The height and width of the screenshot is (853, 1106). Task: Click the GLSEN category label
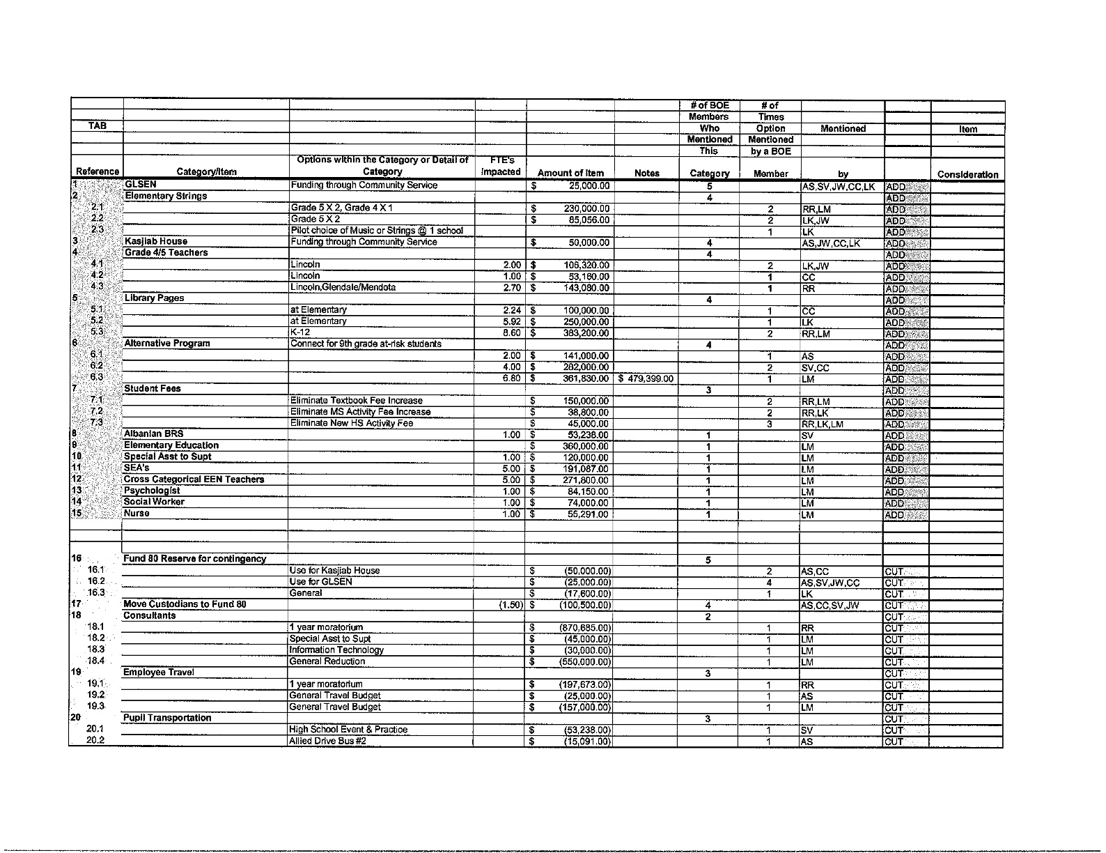click(x=140, y=185)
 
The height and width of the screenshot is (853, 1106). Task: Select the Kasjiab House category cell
click(x=155, y=242)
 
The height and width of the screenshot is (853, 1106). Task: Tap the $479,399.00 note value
click(x=646, y=379)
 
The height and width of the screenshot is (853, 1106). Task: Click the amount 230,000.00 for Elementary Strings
click(x=586, y=208)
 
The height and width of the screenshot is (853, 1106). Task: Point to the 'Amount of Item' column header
click(x=570, y=174)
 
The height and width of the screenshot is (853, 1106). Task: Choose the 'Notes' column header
click(x=647, y=174)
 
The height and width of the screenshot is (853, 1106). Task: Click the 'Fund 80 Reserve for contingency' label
click(x=194, y=559)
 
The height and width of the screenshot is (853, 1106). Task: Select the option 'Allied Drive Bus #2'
click(x=327, y=741)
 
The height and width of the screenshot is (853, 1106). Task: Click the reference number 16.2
click(x=96, y=581)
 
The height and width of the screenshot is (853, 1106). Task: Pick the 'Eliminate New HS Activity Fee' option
click(x=351, y=423)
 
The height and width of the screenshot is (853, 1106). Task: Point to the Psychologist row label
click(x=152, y=491)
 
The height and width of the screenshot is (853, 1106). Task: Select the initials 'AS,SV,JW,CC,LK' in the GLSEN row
click(x=839, y=187)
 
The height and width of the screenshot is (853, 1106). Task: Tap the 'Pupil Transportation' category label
click(x=167, y=718)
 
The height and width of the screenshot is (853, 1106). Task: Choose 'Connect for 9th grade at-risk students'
click(x=366, y=344)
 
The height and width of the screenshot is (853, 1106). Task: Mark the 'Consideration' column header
click(x=967, y=175)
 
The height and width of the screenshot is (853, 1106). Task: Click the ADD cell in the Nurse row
click(x=896, y=515)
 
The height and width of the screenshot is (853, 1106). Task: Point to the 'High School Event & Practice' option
click(x=348, y=730)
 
